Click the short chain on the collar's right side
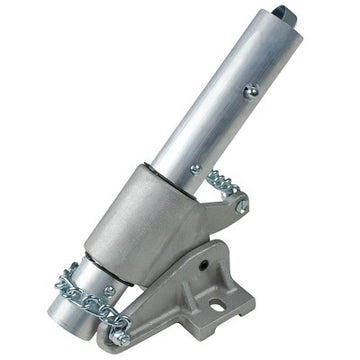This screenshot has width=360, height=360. tap(222, 185)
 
